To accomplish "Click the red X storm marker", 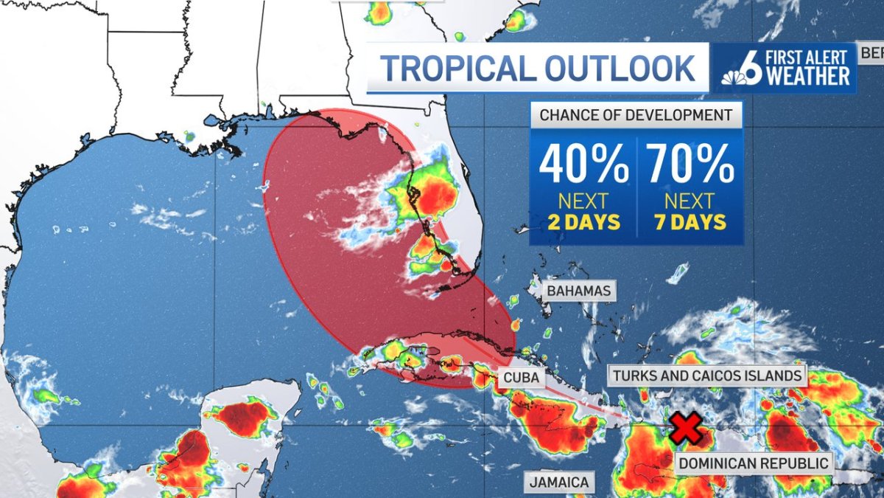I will click(685, 429).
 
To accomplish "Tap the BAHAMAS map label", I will click(579, 291).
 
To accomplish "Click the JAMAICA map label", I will click(560, 483).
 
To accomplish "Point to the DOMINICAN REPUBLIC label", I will click(754, 464).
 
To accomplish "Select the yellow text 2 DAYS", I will click(583, 222).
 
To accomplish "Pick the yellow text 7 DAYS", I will click(690, 222).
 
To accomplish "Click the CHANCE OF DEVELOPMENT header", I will click(636, 115).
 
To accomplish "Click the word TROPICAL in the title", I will click(456, 69).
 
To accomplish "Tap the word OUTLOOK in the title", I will click(620, 69).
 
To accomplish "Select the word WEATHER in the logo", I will click(809, 77).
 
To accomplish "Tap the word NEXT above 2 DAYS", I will click(583, 201).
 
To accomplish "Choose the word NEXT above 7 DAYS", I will click(690, 201).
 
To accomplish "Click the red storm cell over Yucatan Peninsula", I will click(243, 418).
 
